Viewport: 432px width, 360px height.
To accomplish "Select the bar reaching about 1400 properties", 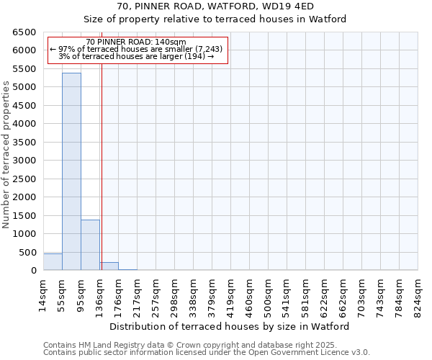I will coord(90,245).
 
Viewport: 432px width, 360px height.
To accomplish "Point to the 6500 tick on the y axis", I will coord(24,32).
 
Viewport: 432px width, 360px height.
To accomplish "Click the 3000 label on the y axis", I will coord(24,161).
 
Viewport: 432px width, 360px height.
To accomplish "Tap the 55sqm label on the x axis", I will coord(63,292).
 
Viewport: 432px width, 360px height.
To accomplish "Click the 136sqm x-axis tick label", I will coord(100,294).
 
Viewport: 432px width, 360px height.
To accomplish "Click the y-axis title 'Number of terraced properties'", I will coord(6,155).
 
